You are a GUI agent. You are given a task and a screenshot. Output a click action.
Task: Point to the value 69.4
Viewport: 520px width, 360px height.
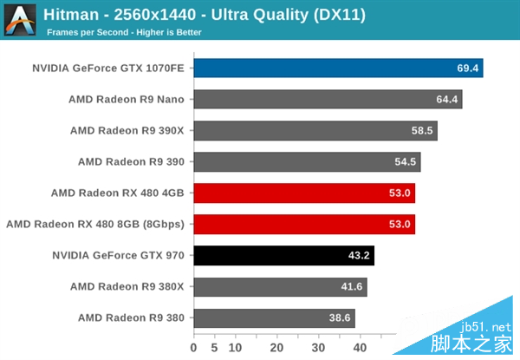[x=465, y=68]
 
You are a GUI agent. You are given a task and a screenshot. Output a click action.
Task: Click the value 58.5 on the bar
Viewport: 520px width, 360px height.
[x=421, y=130]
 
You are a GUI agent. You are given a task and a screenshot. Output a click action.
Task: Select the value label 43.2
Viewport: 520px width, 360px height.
[x=359, y=255]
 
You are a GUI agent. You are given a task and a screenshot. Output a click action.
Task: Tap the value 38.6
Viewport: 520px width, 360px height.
[x=338, y=317]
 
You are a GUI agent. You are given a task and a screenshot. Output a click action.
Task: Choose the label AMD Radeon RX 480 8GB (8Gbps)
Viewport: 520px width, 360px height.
[x=95, y=224]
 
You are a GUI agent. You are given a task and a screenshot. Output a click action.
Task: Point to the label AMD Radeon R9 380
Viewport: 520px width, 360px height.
[x=131, y=317]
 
